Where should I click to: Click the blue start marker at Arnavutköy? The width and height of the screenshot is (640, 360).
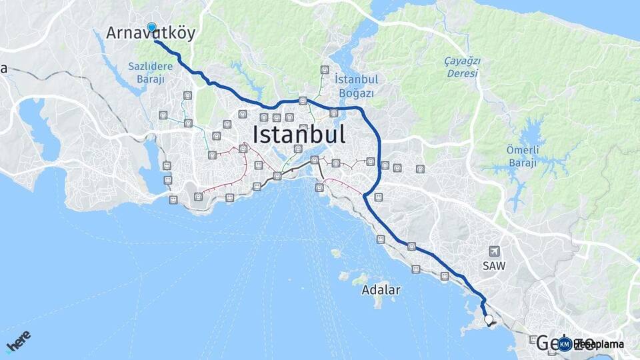tap(151, 27)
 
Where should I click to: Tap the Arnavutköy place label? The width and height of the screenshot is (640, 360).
tap(151, 34)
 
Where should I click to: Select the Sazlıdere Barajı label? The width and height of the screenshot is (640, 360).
tap(151, 71)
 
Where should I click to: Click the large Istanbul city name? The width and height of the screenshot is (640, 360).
tap(299, 135)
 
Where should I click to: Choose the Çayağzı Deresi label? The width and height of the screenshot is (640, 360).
tap(463, 67)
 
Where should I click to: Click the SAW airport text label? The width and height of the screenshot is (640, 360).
tap(494, 265)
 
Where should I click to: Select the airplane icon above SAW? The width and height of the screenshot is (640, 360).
tap(494, 251)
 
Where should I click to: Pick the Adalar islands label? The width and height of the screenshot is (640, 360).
tap(381, 290)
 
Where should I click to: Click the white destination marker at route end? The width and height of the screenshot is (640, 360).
tap(489, 320)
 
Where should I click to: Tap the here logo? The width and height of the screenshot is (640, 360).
tap(18, 342)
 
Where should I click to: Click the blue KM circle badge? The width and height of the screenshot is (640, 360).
tap(565, 344)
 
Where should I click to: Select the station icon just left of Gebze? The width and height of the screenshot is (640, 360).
tap(533, 339)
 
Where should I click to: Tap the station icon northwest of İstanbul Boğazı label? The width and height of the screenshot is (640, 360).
tap(325, 69)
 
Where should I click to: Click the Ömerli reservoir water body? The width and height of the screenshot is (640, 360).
tap(533, 137)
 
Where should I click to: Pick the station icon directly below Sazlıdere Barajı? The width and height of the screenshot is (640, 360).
tap(187, 95)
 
